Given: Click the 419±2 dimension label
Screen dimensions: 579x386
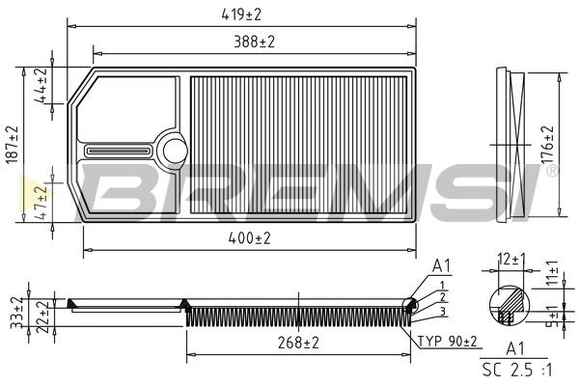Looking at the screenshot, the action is click(x=241, y=14).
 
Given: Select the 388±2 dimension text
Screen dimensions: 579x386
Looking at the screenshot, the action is click(x=255, y=41).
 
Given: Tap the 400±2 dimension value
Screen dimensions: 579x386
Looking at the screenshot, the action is click(x=249, y=238).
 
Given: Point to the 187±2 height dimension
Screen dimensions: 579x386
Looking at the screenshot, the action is click(x=12, y=145).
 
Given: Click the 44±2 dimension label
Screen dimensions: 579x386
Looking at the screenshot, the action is click(x=42, y=85).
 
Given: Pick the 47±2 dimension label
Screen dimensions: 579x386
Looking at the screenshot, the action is click(x=42, y=203).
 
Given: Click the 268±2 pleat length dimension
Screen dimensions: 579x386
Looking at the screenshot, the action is click(x=298, y=343).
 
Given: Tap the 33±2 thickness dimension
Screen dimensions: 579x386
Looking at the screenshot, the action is click(x=17, y=313).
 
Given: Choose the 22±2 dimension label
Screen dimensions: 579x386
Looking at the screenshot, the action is click(x=42, y=317).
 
